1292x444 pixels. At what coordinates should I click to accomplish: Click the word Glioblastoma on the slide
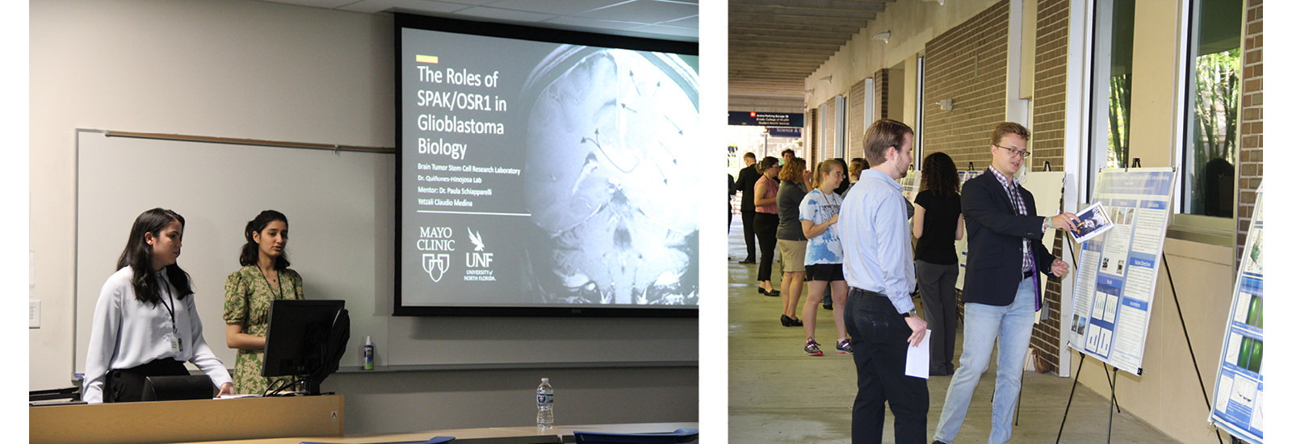[x=459, y=125]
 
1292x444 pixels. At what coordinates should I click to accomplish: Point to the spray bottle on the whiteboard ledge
[x=368, y=353]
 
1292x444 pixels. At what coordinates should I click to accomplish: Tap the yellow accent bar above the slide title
[x=426, y=59]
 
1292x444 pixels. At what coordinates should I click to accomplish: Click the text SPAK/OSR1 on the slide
[x=460, y=101]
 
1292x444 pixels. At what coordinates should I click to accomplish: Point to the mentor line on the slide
[x=454, y=191]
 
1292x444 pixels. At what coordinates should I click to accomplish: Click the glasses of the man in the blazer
[x=1013, y=151]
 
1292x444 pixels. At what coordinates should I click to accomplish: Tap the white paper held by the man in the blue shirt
[x=918, y=355]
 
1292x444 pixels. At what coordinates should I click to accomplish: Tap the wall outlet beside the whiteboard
[x=34, y=313]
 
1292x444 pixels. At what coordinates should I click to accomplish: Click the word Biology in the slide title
[x=442, y=148]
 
